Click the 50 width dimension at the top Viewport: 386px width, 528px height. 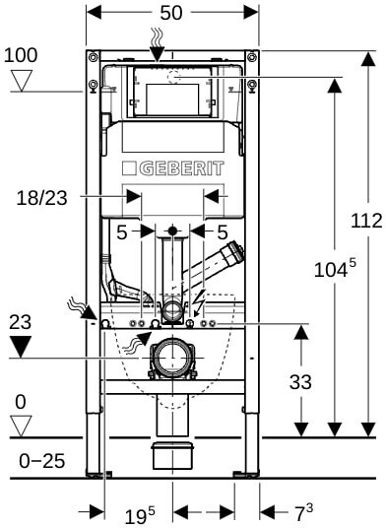pyautogui.click(x=171, y=13)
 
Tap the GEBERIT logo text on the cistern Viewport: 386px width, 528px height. pyautogui.click(x=182, y=168)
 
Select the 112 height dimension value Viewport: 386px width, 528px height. pyautogui.click(x=366, y=221)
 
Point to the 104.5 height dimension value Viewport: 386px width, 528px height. pyautogui.click(x=335, y=268)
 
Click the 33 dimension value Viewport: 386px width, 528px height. pyautogui.click(x=300, y=382)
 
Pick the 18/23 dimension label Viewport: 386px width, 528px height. pyautogui.click(x=41, y=198)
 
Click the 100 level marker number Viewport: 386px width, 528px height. pyautogui.click(x=21, y=55)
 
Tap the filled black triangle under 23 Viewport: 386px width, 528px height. pyautogui.click(x=21, y=347)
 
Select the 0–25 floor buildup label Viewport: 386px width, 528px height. pyautogui.click(x=41, y=461)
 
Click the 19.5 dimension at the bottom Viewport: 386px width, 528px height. pyautogui.click(x=140, y=515)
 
